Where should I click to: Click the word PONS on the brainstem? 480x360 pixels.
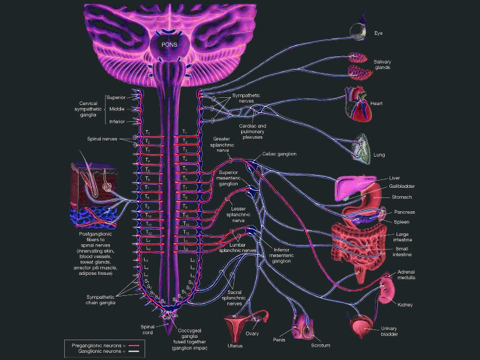(x=169, y=43)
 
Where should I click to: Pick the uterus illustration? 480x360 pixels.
(x=235, y=328)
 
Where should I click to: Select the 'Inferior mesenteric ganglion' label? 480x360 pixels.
(x=282, y=256)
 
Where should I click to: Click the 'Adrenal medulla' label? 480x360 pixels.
(x=410, y=275)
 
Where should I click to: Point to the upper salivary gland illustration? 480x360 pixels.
(x=359, y=58)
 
